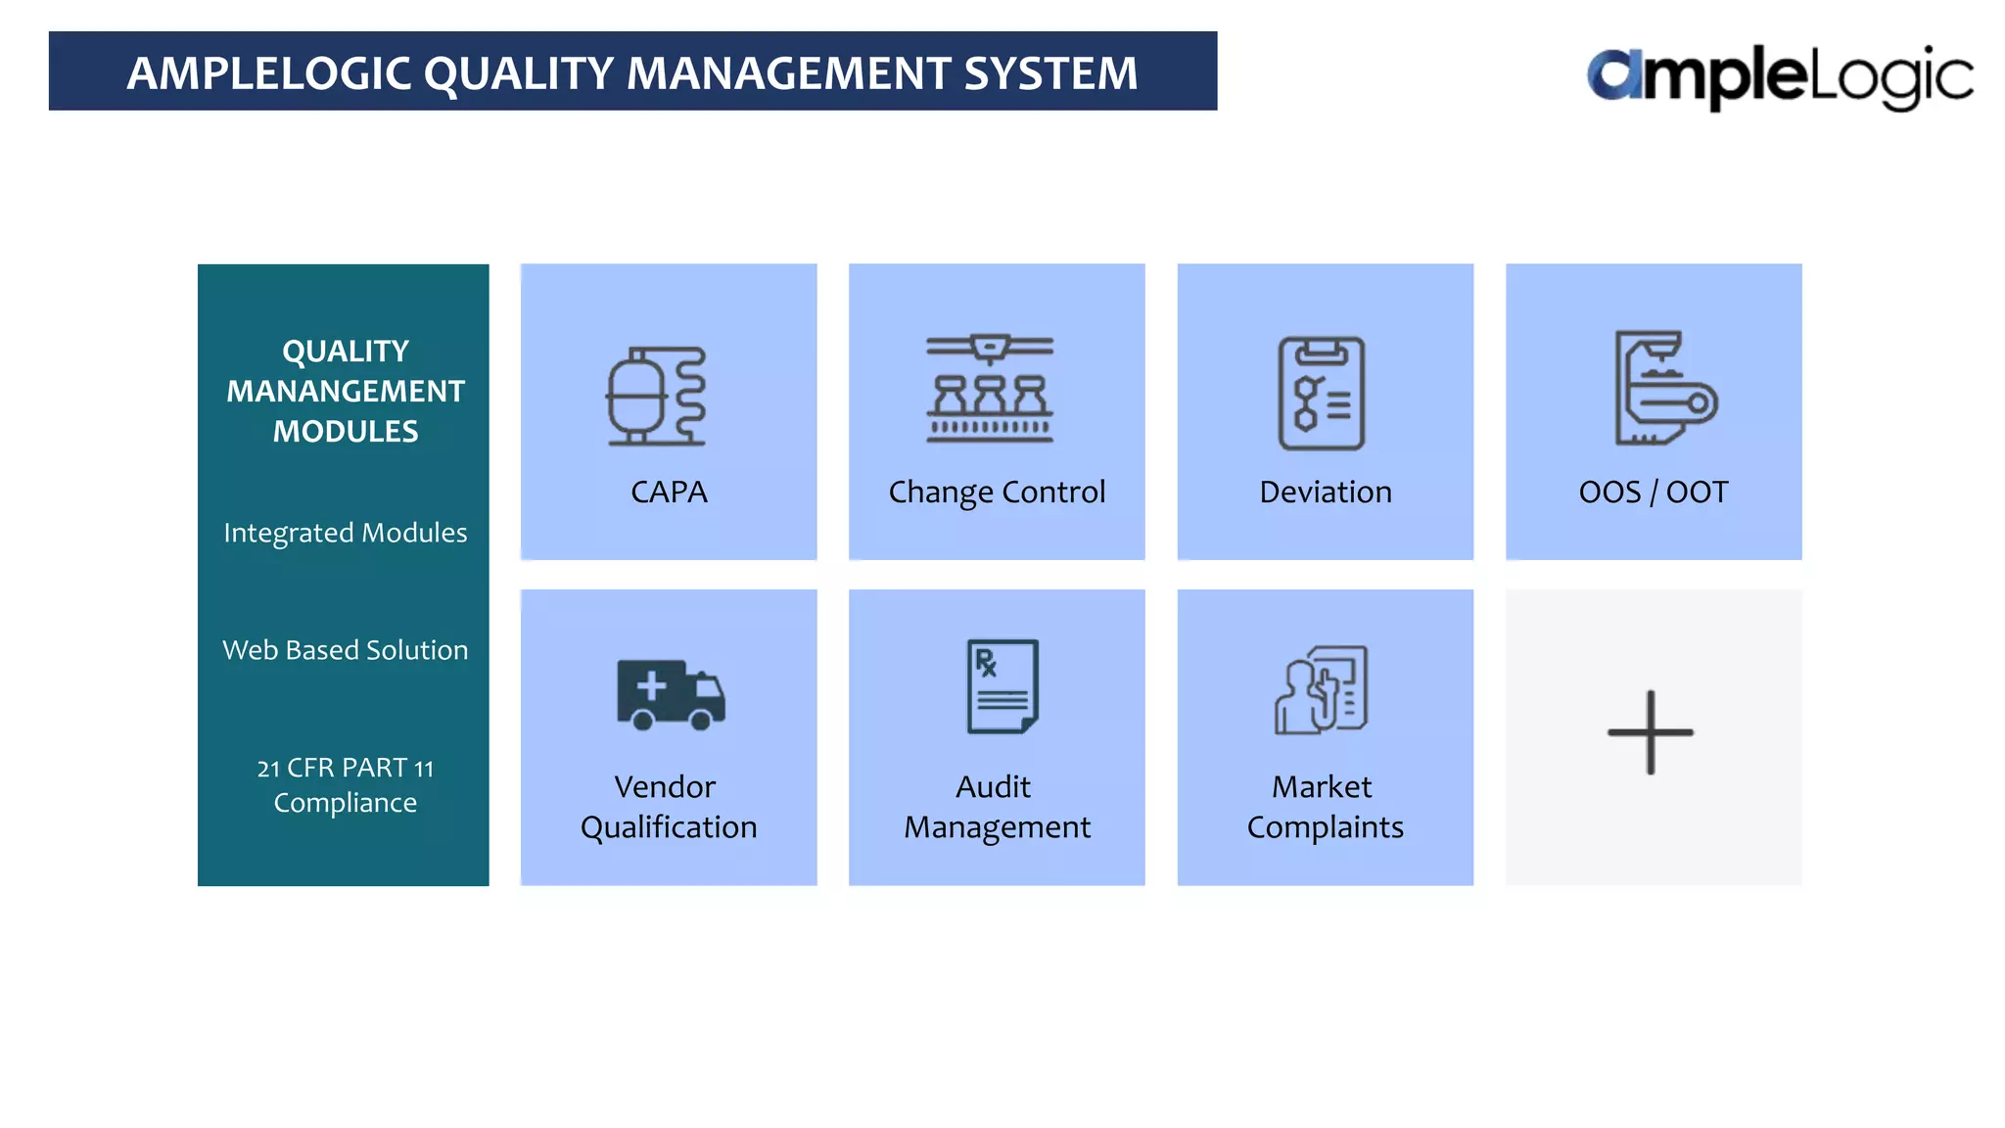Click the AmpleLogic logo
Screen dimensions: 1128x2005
coord(1779,76)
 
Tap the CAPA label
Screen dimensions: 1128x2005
coord(669,492)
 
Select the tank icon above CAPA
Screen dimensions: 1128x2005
coord(656,396)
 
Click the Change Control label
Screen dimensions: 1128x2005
coord(997,492)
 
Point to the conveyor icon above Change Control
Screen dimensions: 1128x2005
coord(990,389)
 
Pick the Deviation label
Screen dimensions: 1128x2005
coord(1325,492)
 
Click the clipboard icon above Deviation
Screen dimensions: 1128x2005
coord(1322,394)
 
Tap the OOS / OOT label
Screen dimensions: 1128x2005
coord(1654,492)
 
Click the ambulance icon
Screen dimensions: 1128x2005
coord(671,694)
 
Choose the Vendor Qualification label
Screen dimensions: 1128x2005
coord(669,807)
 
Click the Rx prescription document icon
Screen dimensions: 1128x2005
coord(1002,686)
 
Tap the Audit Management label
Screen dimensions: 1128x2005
coord(997,807)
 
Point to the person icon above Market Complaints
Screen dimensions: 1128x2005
coord(1321,690)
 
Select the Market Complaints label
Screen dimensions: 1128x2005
coord(1325,807)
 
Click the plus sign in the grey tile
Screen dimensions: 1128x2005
coord(1651,732)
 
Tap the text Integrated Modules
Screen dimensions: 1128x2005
coord(346,533)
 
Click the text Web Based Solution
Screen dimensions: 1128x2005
coord(346,650)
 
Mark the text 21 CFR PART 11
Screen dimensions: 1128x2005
coord(346,768)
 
